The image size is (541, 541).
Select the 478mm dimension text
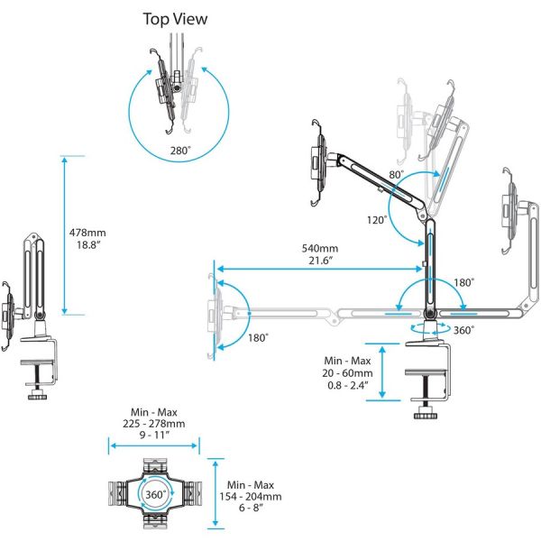point(87,233)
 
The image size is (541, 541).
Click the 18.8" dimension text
point(87,244)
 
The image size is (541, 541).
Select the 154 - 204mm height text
point(254,496)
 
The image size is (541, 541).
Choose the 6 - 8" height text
point(254,509)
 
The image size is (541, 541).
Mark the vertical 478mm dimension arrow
point(64,234)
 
